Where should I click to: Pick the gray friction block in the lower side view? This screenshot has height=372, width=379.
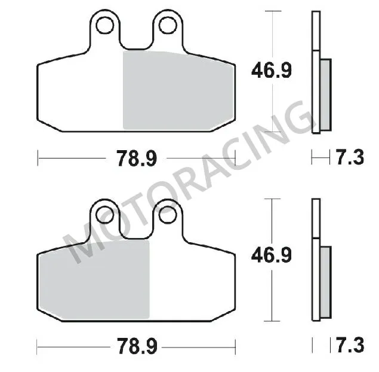point(325,281)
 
